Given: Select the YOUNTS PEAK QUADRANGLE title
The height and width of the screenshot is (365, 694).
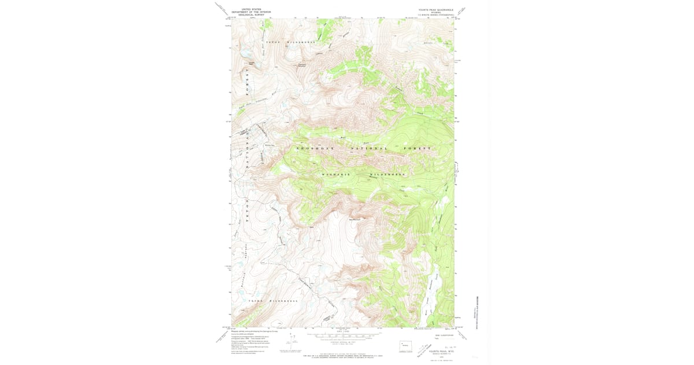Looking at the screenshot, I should (x=436, y=9).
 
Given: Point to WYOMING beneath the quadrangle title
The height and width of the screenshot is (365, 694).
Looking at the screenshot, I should (x=436, y=12).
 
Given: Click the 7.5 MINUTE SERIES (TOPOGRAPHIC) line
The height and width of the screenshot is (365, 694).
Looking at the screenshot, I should (x=436, y=14).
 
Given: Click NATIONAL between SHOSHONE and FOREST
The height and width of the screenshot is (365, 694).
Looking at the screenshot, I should (x=368, y=149).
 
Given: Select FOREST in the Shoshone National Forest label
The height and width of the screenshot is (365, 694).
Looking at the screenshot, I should (x=420, y=149).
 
